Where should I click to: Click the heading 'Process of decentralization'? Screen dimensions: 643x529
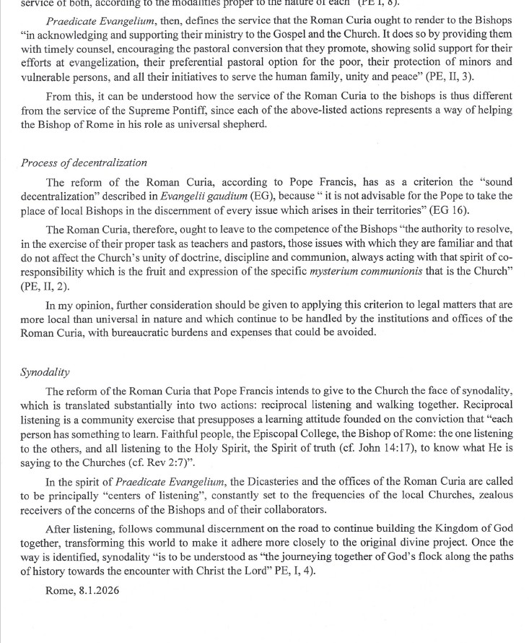pyautogui.click(x=84, y=163)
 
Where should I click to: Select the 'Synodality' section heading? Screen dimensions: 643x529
pyautogui.click(x=45, y=372)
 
